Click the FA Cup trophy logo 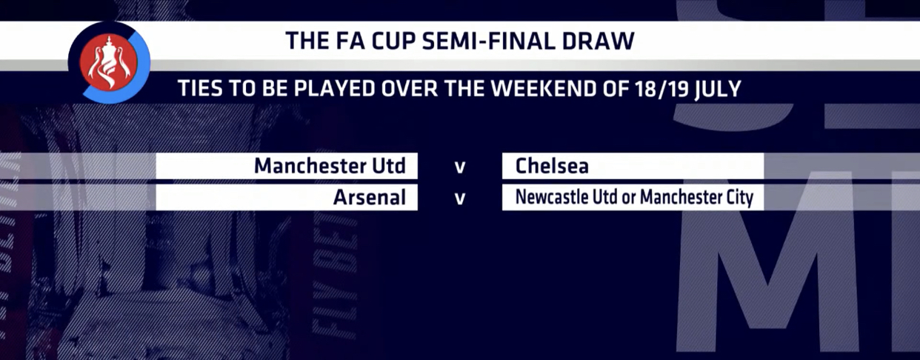(109, 62)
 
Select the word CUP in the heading (393, 41)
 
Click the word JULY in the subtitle (718, 89)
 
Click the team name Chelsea (552, 166)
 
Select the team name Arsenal (370, 197)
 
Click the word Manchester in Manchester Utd (310, 166)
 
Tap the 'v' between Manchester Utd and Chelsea (460, 167)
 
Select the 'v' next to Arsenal (460, 199)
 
